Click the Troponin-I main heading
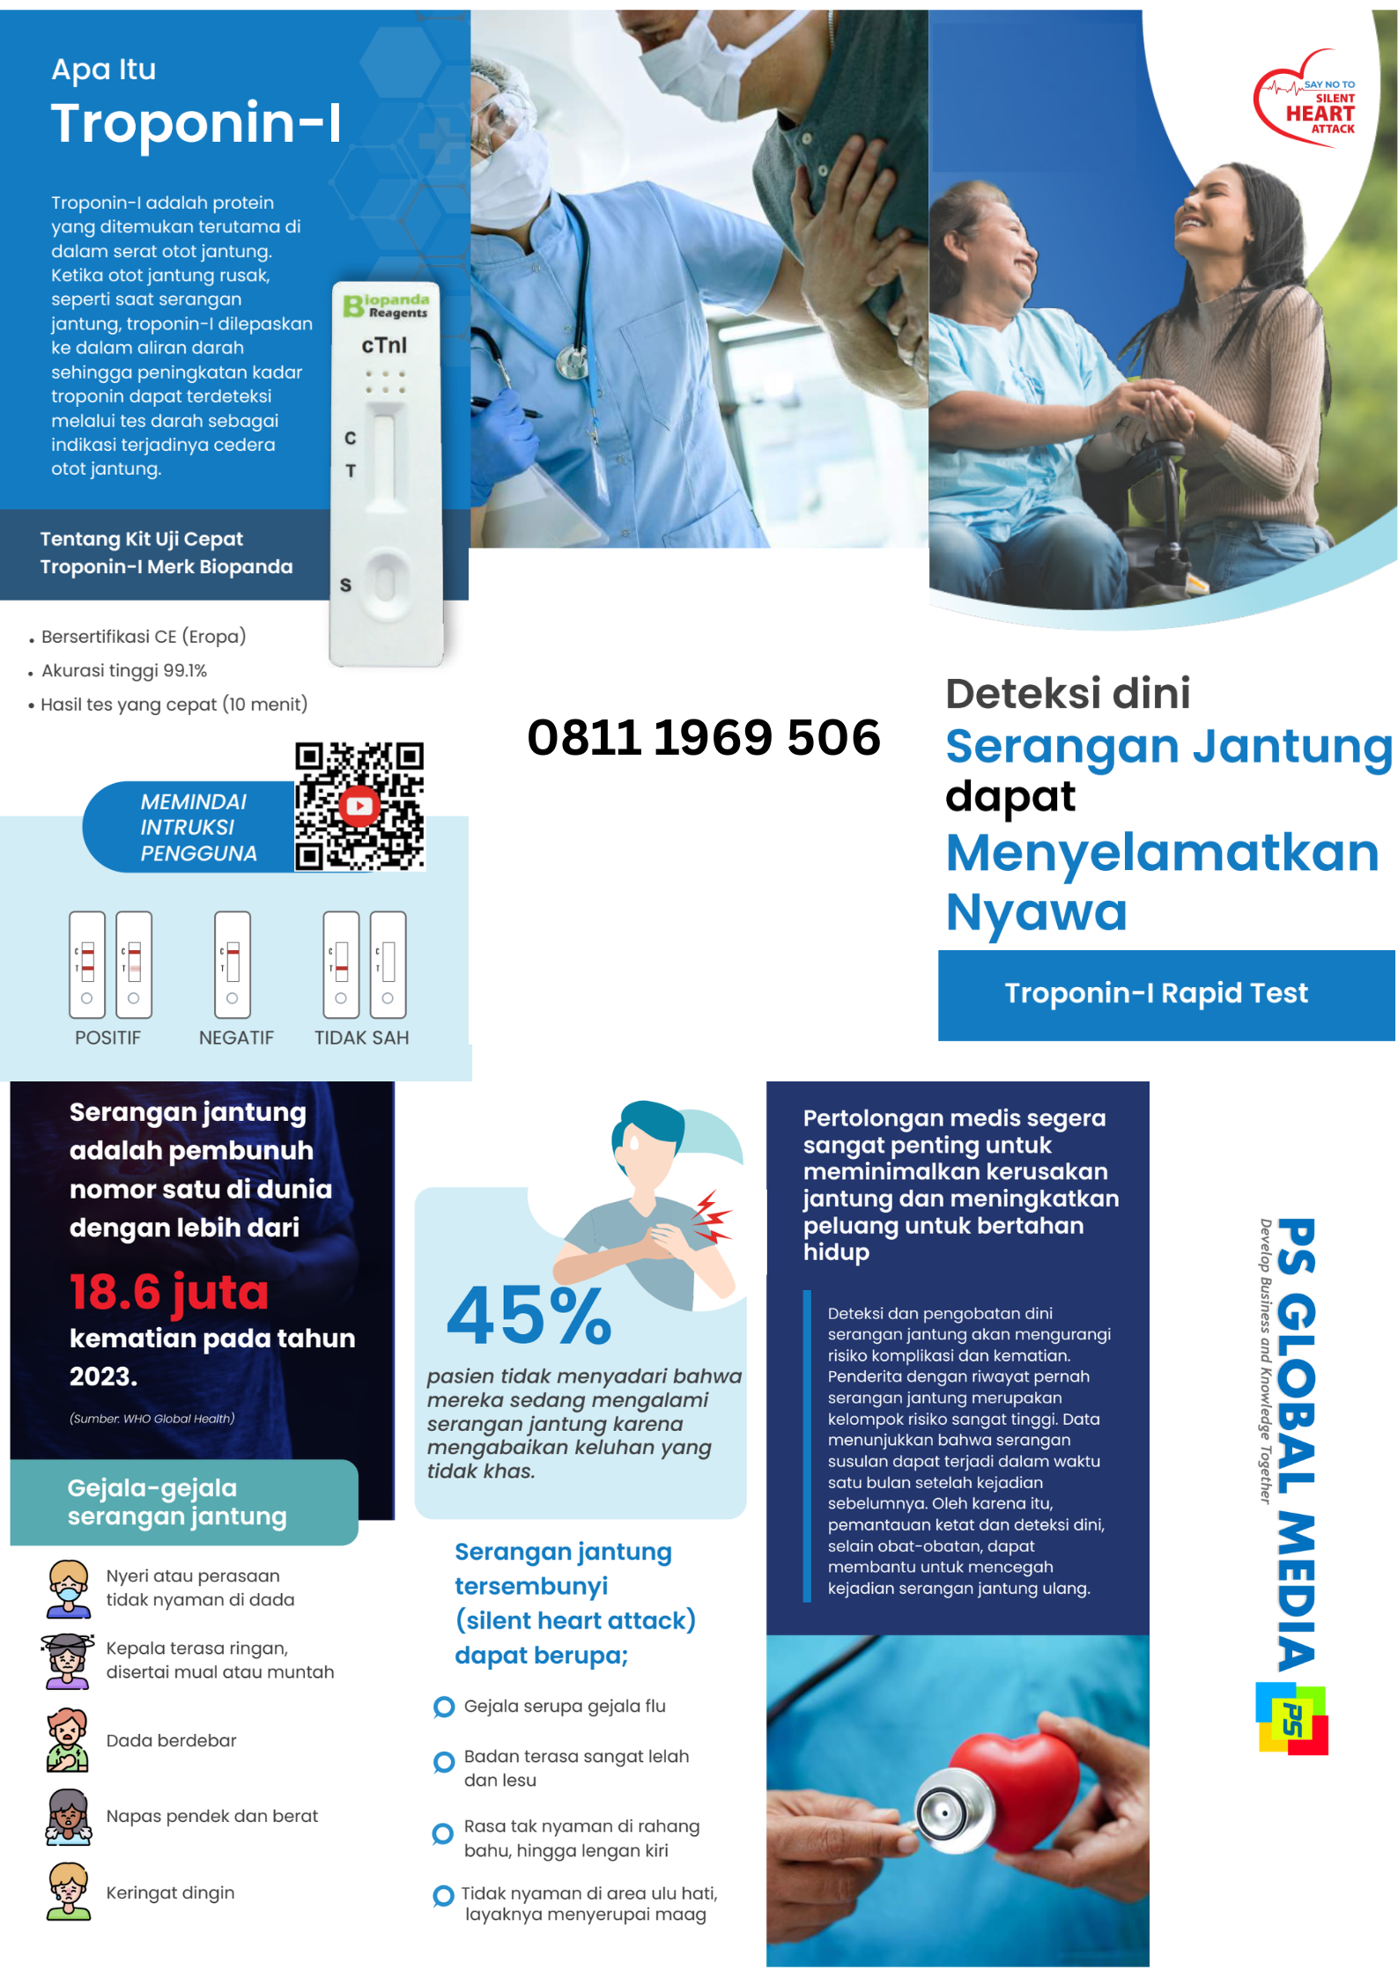(x=196, y=122)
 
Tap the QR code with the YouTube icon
(x=359, y=806)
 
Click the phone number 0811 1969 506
(x=703, y=737)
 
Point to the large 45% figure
(x=529, y=1316)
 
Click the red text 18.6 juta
(x=168, y=1292)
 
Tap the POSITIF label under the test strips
(x=107, y=1037)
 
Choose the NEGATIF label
(x=236, y=1037)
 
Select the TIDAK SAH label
(x=361, y=1037)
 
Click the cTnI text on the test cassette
(x=384, y=345)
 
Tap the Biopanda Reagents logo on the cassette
(x=386, y=306)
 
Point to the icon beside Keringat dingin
(x=69, y=1892)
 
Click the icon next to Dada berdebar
(x=68, y=1740)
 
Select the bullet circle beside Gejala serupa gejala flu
(x=444, y=1707)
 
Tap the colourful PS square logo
(x=1291, y=1719)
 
